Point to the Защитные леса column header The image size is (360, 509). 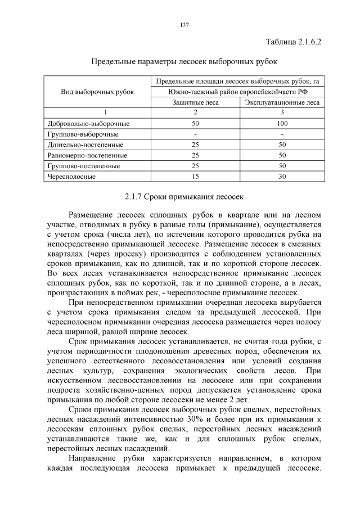[x=196, y=102]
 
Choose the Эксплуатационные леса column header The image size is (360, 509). [x=282, y=102]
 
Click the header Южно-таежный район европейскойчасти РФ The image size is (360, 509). [x=238, y=92]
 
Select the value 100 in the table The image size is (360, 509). [x=282, y=123]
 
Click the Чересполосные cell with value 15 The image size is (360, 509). [x=196, y=177]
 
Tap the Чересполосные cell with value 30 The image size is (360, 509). [x=282, y=177]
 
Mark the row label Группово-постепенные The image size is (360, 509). [x=84, y=166]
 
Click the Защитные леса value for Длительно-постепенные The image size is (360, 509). [x=196, y=145]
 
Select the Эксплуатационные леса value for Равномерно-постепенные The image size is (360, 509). [x=282, y=155]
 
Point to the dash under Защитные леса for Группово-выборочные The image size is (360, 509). [x=196, y=134]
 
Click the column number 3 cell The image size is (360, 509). [x=282, y=112]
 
